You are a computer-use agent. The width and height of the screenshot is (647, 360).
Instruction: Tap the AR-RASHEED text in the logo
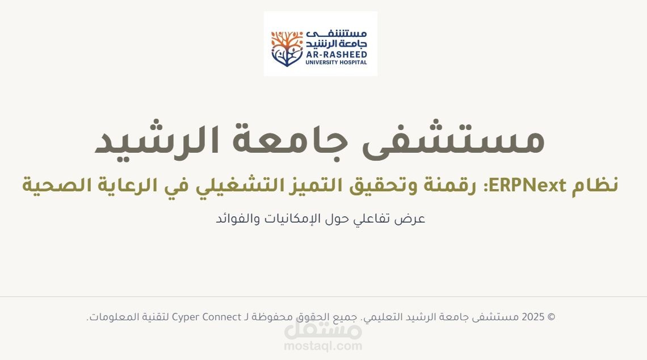point(336,54)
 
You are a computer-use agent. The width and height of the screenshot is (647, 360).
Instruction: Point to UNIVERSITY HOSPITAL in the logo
point(336,62)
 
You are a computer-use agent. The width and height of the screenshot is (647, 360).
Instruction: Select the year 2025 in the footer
point(533,317)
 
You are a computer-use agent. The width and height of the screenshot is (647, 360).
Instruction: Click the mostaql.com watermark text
point(323,345)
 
